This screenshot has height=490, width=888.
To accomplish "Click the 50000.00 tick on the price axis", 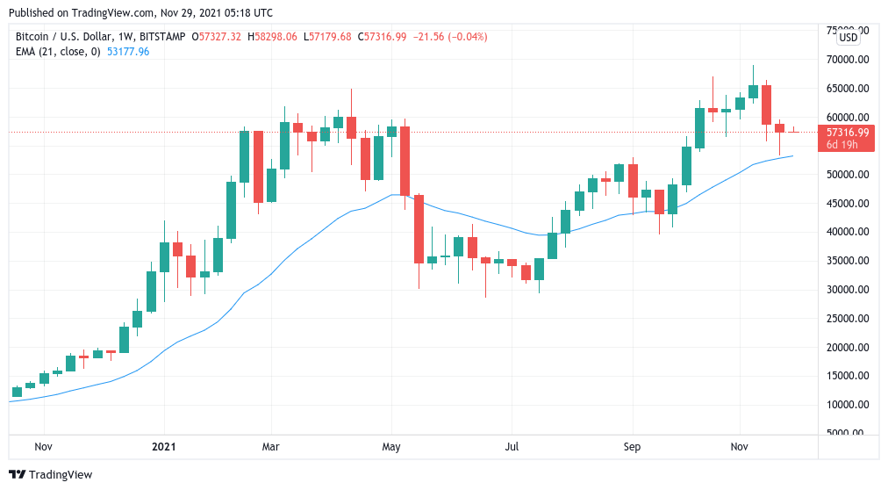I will (x=846, y=175).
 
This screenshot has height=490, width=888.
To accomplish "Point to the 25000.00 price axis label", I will (x=846, y=319).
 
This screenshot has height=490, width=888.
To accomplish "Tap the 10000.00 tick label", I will (x=846, y=405).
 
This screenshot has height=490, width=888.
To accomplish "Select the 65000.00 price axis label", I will (x=846, y=89).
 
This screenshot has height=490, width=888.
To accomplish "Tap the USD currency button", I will (x=848, y=38).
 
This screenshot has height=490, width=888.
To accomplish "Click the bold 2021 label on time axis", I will (x=164, y=446).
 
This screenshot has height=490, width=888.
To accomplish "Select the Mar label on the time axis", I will (x=271, y=446).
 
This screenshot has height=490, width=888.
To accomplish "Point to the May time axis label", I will (x=391, y=446).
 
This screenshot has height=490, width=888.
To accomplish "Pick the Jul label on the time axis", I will (x=512, y=446).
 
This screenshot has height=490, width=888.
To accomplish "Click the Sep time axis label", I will (x=632, y=446).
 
